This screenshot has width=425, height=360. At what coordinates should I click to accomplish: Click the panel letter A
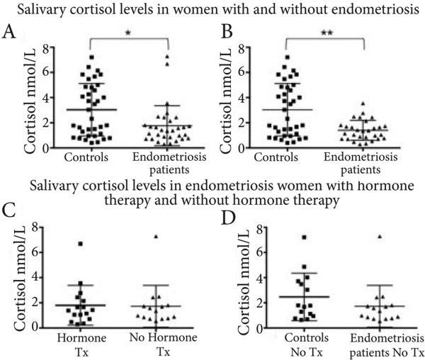tap(9, 33)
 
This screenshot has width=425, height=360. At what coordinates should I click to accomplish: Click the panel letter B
tap(227, 33)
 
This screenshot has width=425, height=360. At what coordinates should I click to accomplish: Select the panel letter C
tap(9, 212)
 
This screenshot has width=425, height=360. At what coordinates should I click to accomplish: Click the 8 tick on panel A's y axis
tap(44, 48)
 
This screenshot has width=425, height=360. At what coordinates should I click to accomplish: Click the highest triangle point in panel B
tap(363, 103)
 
